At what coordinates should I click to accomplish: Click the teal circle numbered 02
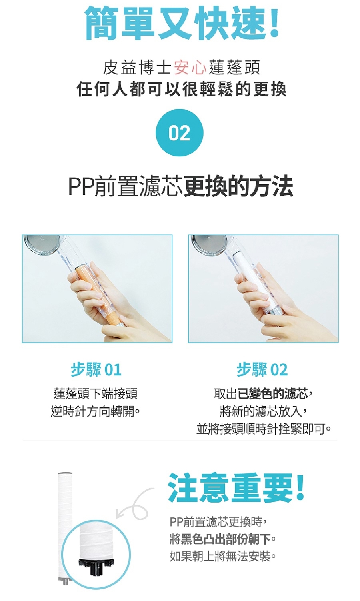(x=180, y=132)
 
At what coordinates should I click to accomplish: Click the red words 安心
(x=190, y=68)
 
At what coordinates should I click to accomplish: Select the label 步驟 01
(x=96, y=370)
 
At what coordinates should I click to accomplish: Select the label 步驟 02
(x=262, y=370)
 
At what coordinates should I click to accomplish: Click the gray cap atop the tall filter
(x=65, y=473)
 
